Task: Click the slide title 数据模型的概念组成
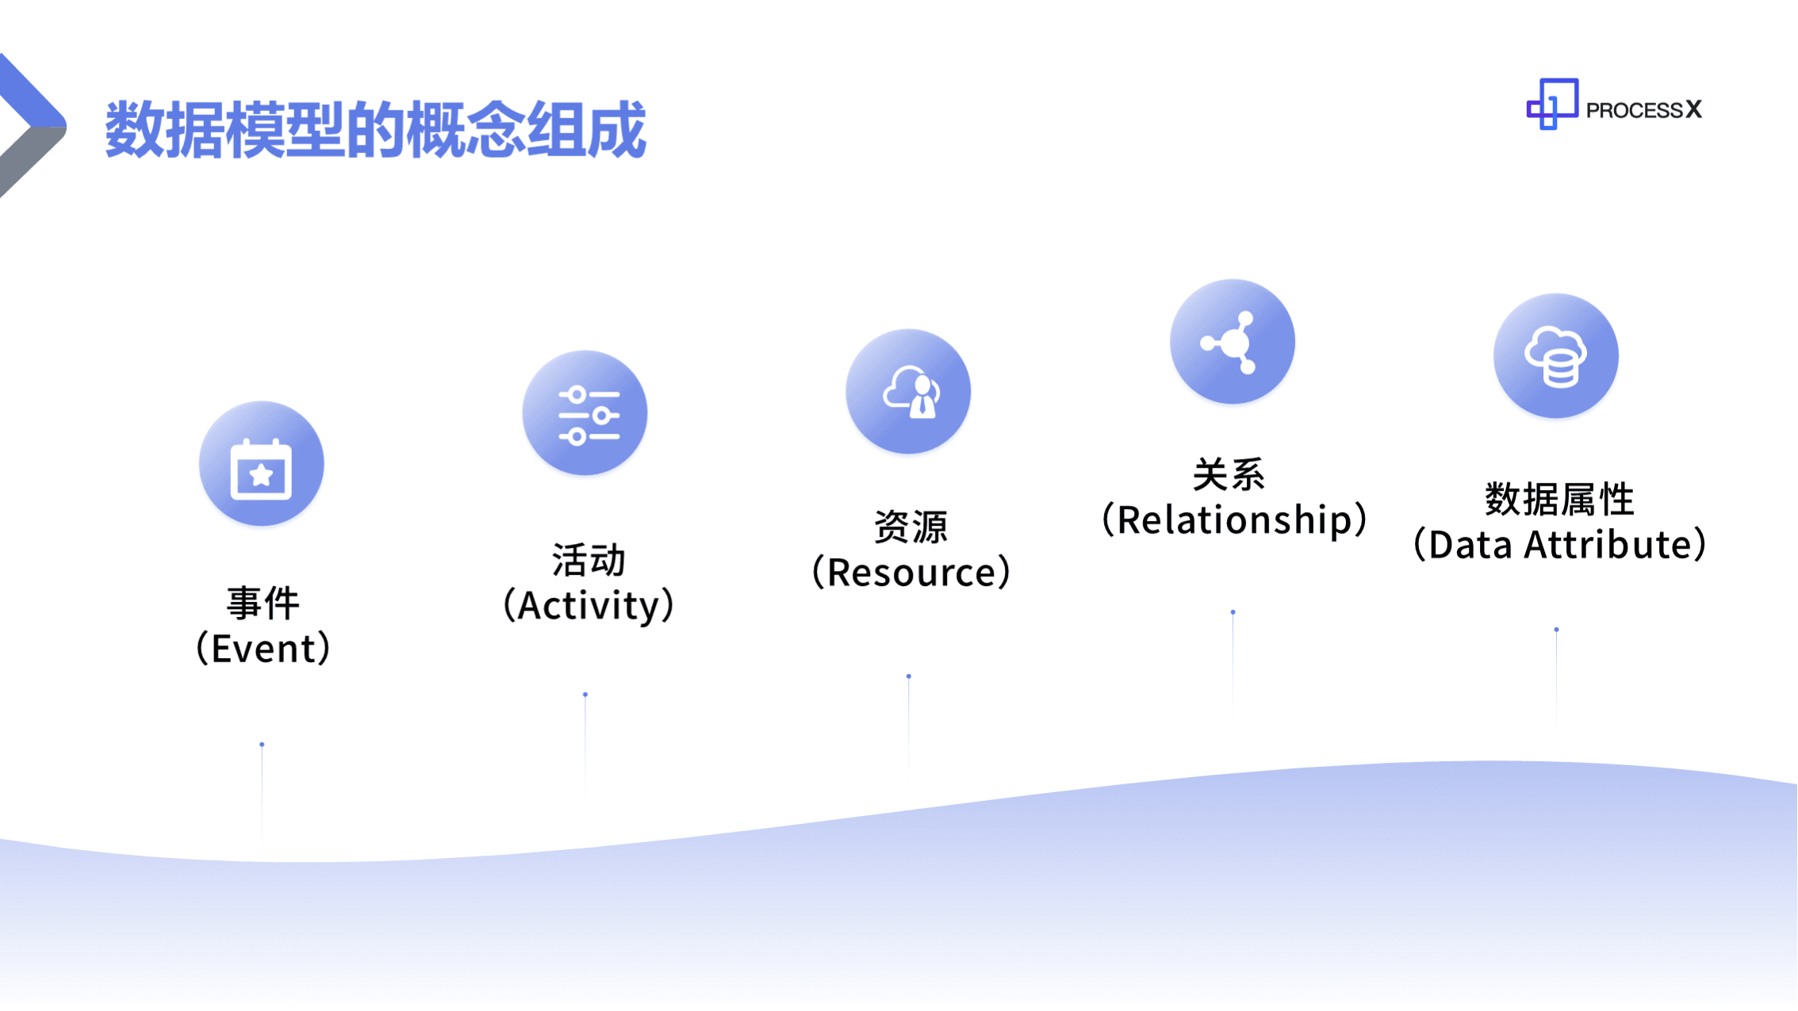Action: [375, 129]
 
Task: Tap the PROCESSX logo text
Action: [1643, 109]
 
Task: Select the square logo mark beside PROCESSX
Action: [1551, 104]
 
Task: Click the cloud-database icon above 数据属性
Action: [1556, 356]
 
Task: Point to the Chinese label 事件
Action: [263, 604]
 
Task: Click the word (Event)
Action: [263, 649]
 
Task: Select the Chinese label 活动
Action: [588, 561]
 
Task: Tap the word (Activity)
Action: [588, 606]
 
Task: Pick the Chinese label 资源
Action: [911, 527]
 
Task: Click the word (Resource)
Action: [911, 572]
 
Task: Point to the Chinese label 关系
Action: [1229, 475]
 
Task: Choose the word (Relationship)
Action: [1235, 520]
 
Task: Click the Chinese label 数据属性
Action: [1559, 500]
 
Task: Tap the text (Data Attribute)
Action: [1559, 545]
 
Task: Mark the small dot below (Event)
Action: [262, 745]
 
